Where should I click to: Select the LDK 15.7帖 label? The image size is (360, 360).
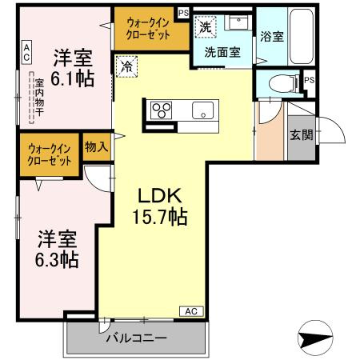click(x=162, y=206)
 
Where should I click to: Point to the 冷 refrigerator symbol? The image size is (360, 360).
click(x=126, y=66)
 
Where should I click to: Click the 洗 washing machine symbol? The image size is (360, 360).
click(x=206, y=26)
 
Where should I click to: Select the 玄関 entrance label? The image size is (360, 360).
click(x=301, y=134)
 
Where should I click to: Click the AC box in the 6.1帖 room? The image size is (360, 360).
click(x=26, y=53)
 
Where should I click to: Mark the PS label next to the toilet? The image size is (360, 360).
click(x=308, y=80)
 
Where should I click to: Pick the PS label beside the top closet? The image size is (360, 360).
click(x=183, y=13)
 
